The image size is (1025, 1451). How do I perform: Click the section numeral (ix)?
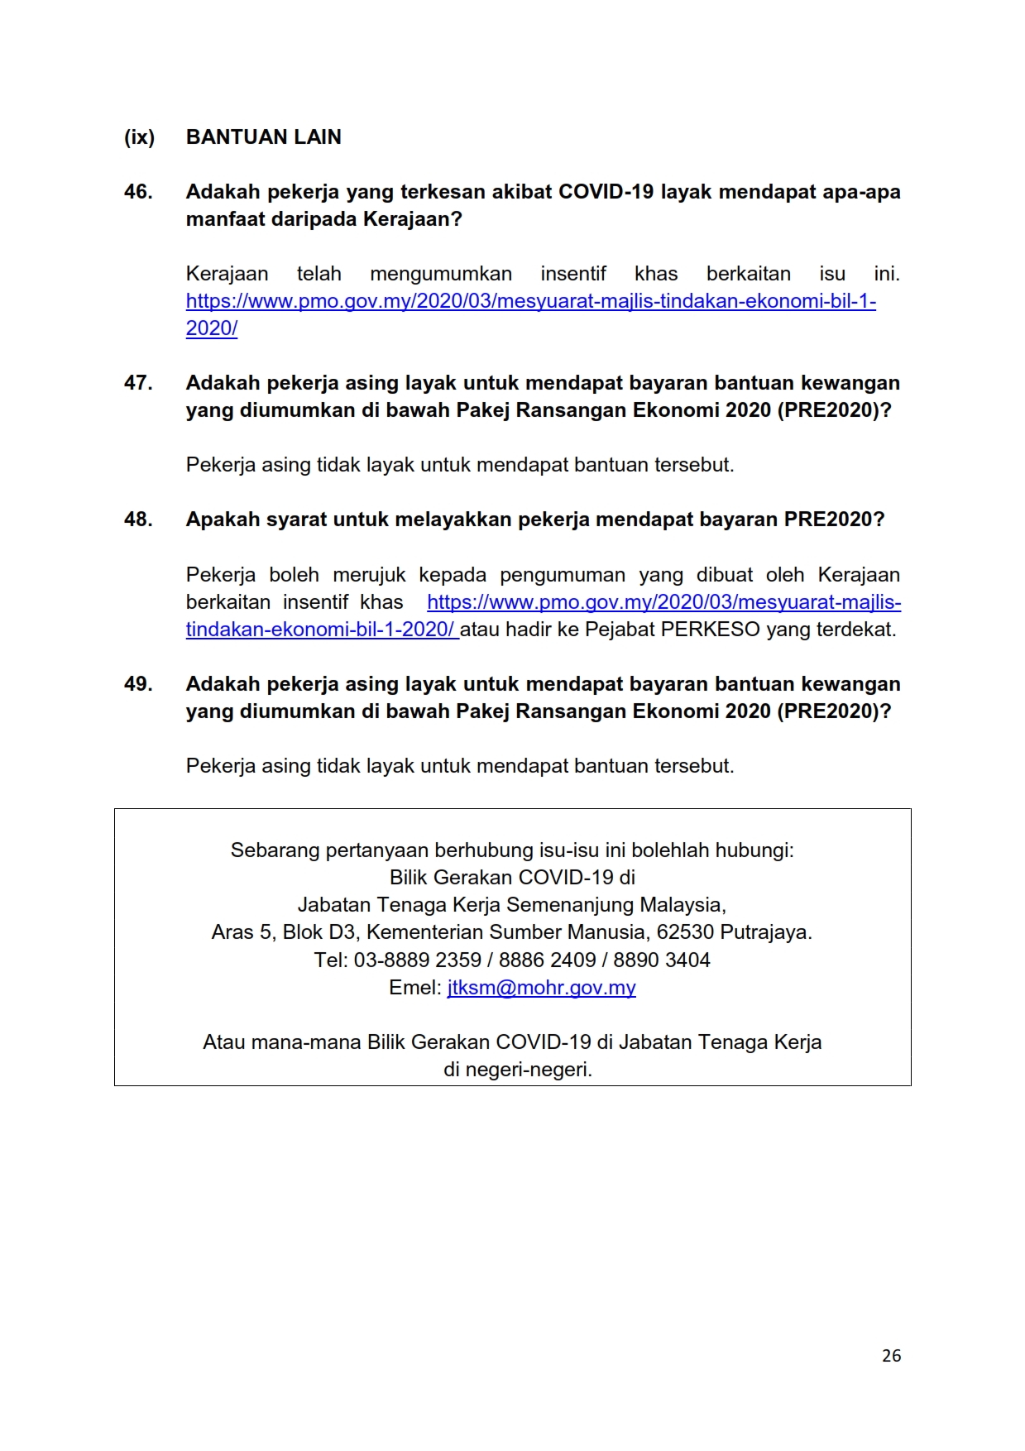pyautogui.click(x=139, y=137)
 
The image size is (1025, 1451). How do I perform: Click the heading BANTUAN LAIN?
pyautogui.click(x=263, y=137)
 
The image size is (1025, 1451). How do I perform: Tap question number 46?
pyautogui.click(x=138, y=192)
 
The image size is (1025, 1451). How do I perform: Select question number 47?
pyautogui.click(x=138, y=383)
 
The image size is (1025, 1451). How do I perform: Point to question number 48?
pyautogui.click(x=138, y=520)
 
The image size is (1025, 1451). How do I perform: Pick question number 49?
pyautogui.click(x=138, y=684)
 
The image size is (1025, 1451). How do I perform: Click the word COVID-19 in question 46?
pyautogui.click(x=606, y=192)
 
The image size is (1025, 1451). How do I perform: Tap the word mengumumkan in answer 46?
pyautogui.click(x=440, y=274)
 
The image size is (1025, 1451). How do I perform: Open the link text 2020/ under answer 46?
pyautogui.click(x=212, y=328)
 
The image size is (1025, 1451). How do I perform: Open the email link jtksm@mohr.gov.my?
pyautogui.click(x=541, y=988)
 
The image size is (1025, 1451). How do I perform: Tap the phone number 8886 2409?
pyautogui.click(x=547, y=960)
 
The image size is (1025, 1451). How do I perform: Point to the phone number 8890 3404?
pyautogui.click(x=662, y=960)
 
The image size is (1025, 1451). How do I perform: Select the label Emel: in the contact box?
pyautogui.click(x=415, y=988)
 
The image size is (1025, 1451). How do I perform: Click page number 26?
pyautogui.click(x=891, y=1355)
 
